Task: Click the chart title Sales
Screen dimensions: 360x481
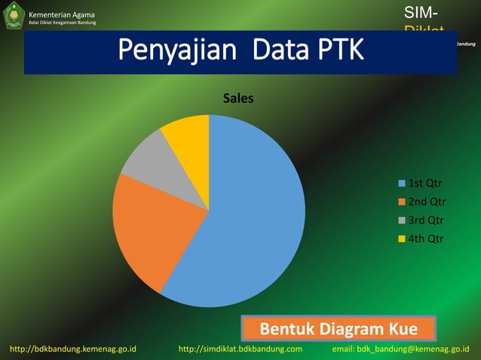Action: point(237,98)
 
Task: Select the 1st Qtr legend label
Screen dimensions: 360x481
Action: point(426,183)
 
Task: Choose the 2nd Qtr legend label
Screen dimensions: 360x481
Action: point(427,202)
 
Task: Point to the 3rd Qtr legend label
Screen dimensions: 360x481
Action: point(426,221)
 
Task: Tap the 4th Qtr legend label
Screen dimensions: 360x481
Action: point(426,239)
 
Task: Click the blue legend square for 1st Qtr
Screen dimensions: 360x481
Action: point(402,183)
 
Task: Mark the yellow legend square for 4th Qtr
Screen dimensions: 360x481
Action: point(402,239)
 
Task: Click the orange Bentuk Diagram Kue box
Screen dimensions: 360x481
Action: point(339,329)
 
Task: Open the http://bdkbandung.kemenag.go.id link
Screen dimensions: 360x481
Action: point(73,349)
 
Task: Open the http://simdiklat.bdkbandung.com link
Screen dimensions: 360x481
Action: point(240,349)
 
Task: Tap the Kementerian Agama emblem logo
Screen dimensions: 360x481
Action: point(14,15)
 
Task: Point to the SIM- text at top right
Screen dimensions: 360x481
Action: point(420,12)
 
